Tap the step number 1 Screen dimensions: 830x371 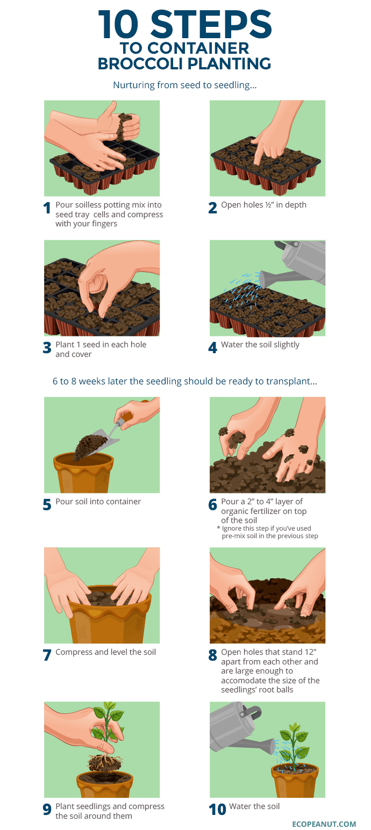pos(47,209)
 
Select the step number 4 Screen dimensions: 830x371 pos(213,348)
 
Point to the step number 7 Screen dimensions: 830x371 pos(47,655)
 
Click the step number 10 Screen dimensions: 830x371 pos(217,810)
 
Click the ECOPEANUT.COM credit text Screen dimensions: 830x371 pos(324,824)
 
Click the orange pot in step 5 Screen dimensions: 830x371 pos(84,473)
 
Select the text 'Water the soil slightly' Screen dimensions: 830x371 pos(260,345)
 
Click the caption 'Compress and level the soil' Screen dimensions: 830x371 pos(105,652)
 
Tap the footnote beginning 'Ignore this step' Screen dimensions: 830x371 pos(267,532)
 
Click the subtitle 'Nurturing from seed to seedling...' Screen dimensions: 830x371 pos(184,85)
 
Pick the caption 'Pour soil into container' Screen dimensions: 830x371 pos(98,502)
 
